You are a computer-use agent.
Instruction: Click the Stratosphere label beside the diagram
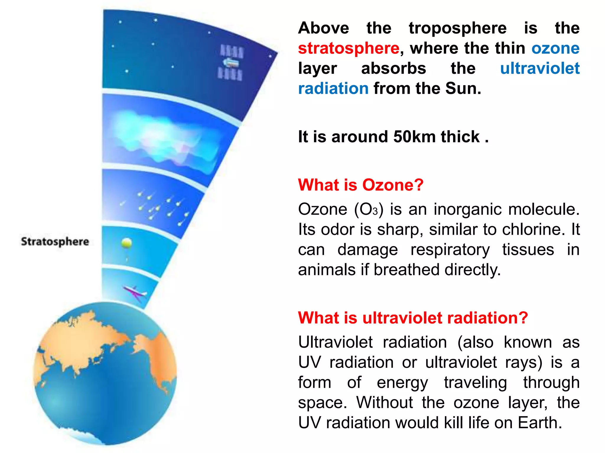(55, 242)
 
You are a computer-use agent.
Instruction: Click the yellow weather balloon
(126, 243)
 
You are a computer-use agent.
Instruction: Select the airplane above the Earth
(135, 293)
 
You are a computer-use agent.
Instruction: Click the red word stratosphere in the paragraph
(349, 48)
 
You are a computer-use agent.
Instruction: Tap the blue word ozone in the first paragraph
(555, 48)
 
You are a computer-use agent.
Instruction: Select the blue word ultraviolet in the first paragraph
(539, 68)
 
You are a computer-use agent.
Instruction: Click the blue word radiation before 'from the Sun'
(333, 88)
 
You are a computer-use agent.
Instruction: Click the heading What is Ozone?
(361, 185)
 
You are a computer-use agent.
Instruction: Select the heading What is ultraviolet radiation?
(413, 318)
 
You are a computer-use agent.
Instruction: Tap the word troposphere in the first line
(457, 28)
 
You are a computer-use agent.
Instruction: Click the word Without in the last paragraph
(384, 403)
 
